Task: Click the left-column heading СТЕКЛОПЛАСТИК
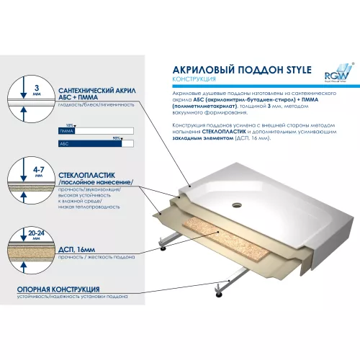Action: [84, 176]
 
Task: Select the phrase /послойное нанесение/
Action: [94, 185]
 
